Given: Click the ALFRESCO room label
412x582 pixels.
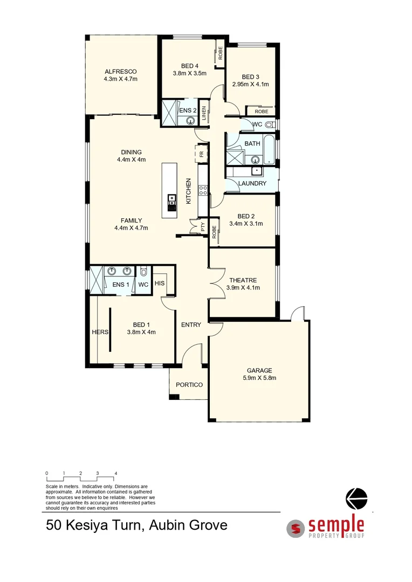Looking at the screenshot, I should [121, 71].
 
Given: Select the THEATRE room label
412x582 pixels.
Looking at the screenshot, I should [243, 280].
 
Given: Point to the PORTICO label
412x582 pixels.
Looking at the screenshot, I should [189, 385].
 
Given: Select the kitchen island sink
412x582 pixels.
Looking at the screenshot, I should [172, 200].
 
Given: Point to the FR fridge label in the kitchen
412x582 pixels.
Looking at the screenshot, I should [202, 154].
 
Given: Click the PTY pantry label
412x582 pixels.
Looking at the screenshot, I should [203, 228].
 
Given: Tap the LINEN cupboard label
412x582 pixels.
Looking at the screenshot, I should [204, 112].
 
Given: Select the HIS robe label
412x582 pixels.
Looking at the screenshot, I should [160, 283].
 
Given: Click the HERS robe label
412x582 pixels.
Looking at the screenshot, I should [100, 332].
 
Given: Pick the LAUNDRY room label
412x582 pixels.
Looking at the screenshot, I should [252, 183].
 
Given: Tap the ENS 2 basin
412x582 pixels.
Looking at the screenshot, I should [190, 121].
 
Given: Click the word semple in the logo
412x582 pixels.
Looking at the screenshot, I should [336, 524].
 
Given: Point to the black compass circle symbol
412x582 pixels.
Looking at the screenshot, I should [356, 498].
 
